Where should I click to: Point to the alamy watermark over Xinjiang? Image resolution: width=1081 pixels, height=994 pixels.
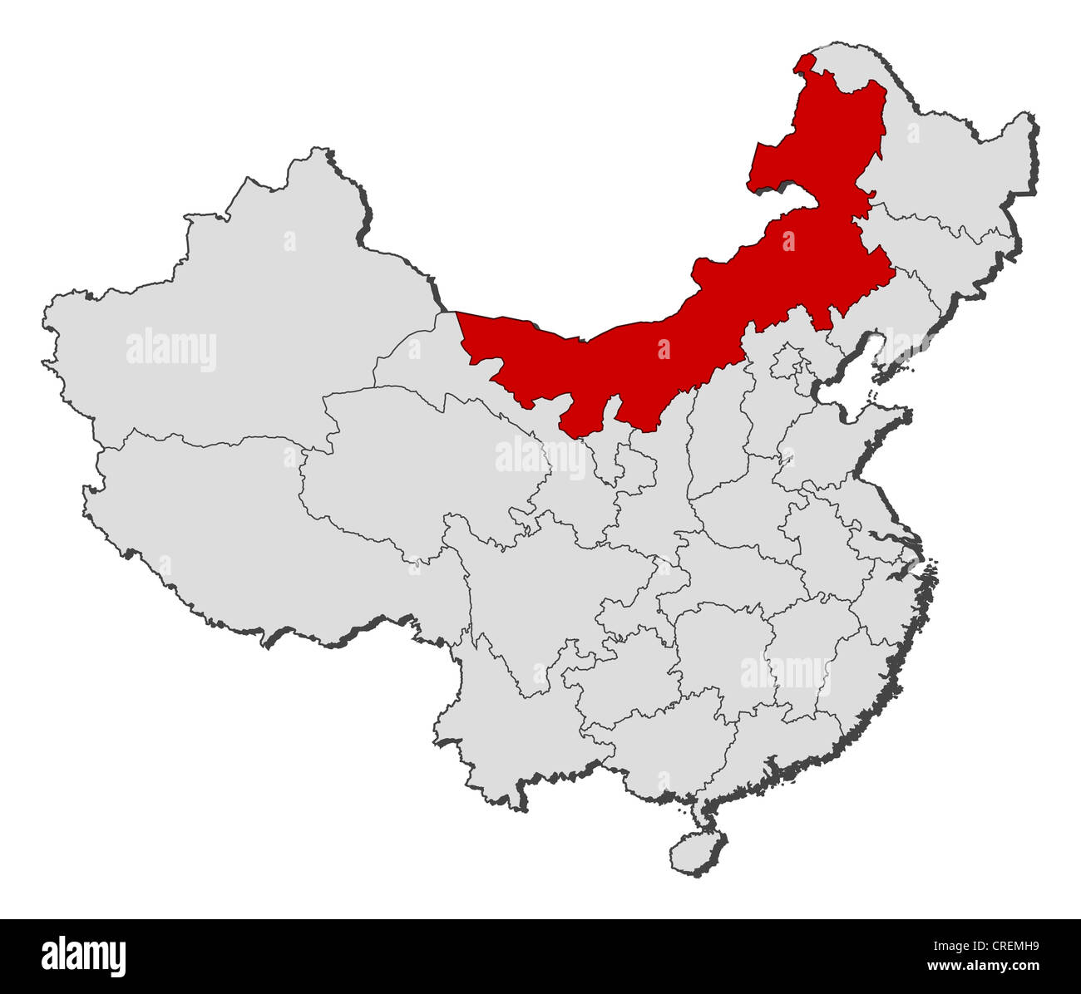(x=171, y=350)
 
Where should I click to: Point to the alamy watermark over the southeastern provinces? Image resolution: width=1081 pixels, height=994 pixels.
(x=785, y=674)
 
